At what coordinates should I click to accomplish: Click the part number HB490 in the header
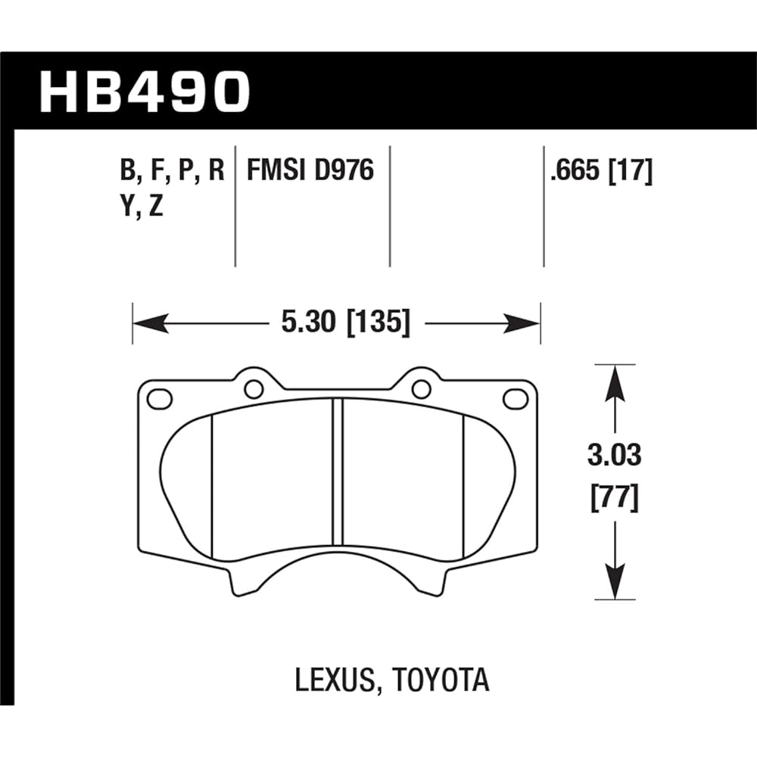click(x=144, y=91)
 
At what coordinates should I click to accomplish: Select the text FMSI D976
click(x=310, y=171)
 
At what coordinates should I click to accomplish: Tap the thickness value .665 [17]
click(x=602, y=171)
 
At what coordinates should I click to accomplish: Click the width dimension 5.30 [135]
click(x=345, y=324)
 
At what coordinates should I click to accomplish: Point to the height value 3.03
click(x=615, y=456)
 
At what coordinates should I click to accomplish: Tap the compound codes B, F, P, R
click(x=173, y=171)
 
